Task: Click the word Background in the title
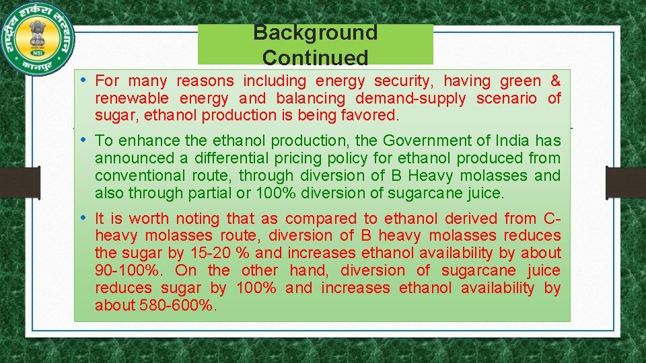click(x=315, y=32)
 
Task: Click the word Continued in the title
click(x=315, y=57)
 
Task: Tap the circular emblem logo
click(x=38, y=38)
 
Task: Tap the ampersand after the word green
click(x=555, y=81)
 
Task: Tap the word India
click(x=513, y=140)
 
